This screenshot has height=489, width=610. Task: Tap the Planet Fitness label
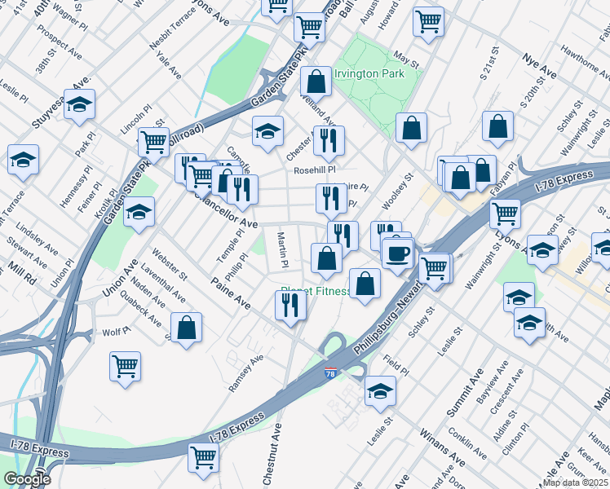click(316, 291)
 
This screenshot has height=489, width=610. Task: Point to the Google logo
click(27, 479)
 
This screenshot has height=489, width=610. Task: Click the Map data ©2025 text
click(576, 482)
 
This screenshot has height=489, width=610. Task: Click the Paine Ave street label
click(231, 291)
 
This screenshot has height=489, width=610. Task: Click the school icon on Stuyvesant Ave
click(80, 104)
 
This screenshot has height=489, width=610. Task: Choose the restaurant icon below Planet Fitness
click(290, 306)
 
